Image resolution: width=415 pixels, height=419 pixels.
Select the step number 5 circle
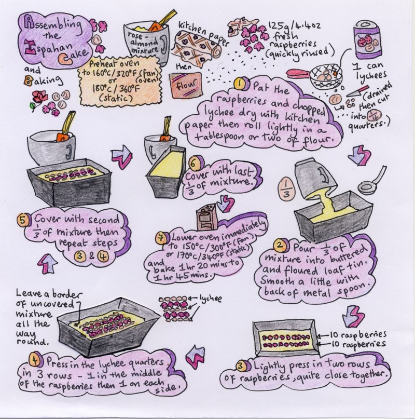point(22,219)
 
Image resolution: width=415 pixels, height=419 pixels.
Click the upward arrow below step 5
point(44,263)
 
